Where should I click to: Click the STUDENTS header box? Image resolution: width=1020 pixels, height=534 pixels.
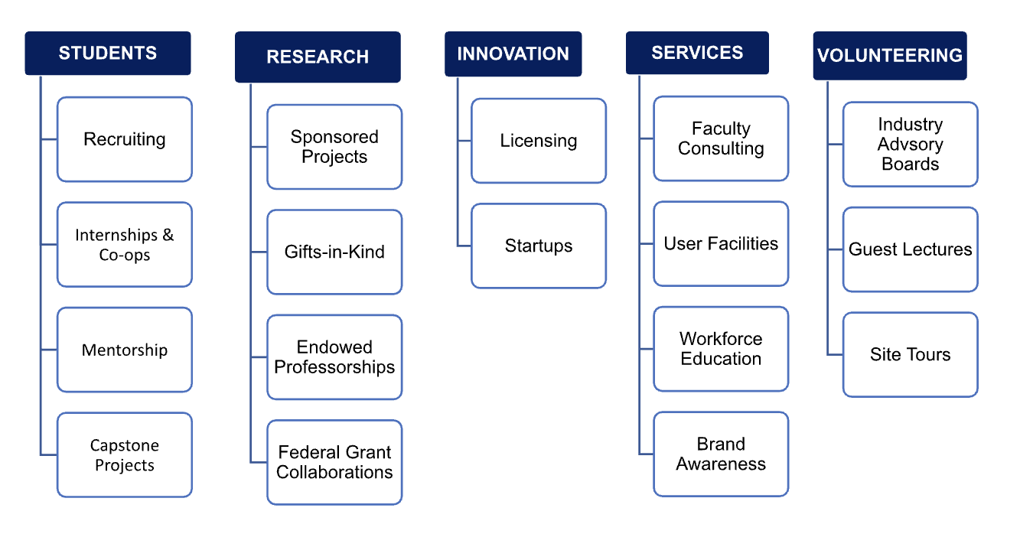[108, 54]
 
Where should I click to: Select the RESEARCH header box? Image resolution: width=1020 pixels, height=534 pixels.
[318, 57]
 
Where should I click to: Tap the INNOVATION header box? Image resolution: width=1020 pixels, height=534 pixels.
[513, 54]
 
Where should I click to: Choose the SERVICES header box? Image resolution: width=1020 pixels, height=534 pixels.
[697, 53]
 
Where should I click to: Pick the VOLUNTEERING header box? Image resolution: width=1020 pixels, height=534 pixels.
[890, 56]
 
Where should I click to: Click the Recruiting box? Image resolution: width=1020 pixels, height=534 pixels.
[125, 139]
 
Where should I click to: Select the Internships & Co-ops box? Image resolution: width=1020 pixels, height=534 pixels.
[125, 245]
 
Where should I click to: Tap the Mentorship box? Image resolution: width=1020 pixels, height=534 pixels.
[125, 350]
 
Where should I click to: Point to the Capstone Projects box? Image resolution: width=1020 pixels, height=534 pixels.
[125, 454]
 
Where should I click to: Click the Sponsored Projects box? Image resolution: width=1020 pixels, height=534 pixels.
[334, 147]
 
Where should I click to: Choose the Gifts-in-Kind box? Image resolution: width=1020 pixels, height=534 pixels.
[334, 252]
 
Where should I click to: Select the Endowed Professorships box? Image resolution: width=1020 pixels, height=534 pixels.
[334, 357]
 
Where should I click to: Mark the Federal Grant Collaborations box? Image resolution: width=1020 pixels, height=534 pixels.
[334, 462]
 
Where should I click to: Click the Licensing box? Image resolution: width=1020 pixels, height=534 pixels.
[539, 141]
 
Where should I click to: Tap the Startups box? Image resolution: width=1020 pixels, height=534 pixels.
[539, 246]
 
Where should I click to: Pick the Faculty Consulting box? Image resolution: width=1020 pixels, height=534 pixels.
[721, 138]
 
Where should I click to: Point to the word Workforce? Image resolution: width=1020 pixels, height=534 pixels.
[721, 339]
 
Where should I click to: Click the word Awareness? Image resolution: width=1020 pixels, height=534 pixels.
[721, 464]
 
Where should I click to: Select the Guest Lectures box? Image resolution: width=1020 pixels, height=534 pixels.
[911, 249]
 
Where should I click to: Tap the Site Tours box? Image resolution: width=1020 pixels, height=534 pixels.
[911, 355]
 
